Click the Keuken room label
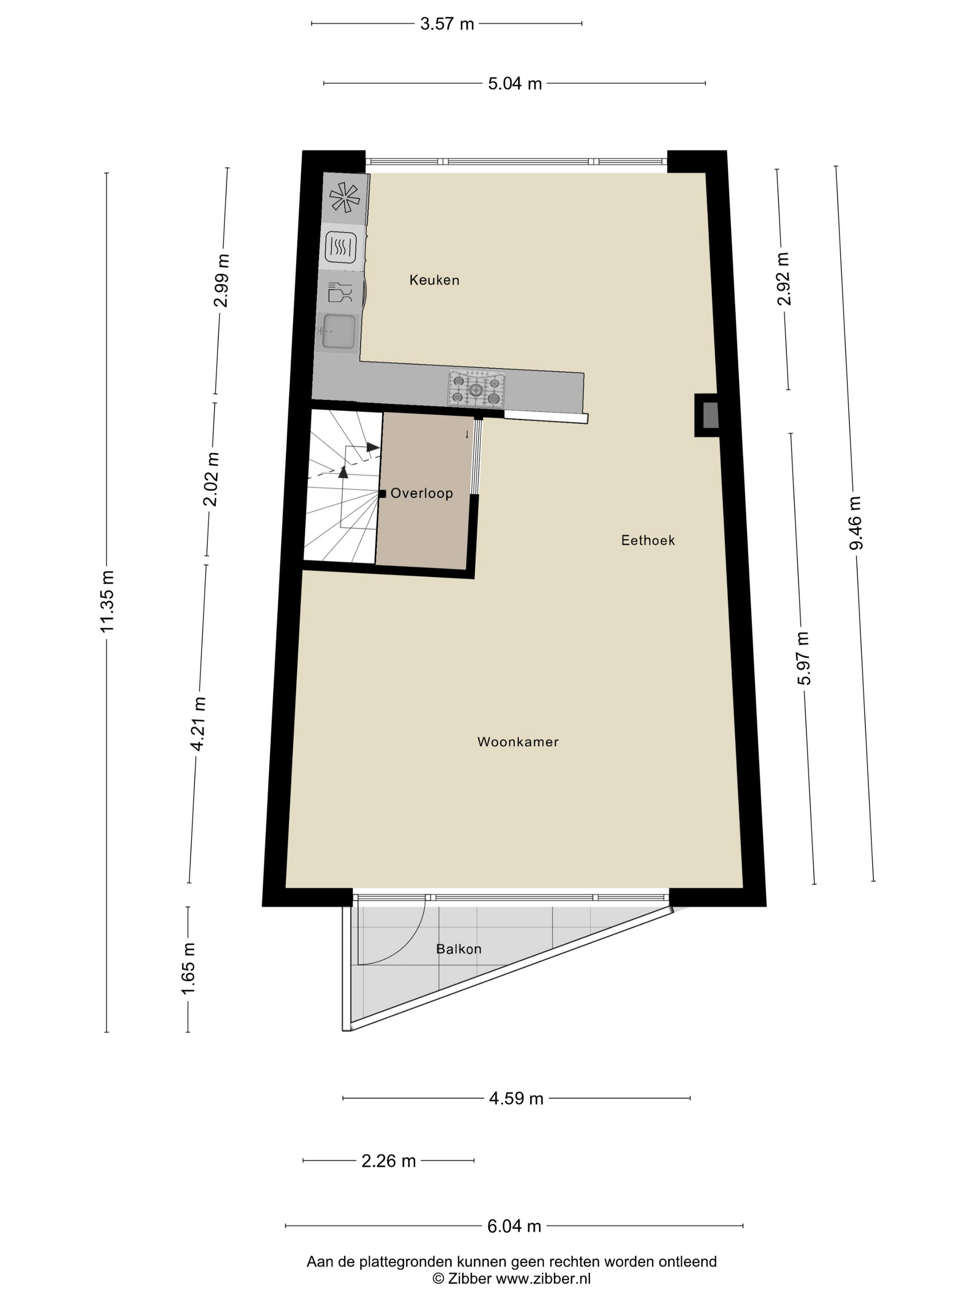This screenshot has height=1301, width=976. [x=434, y=280]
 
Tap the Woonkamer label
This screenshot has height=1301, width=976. [x=518, y=742]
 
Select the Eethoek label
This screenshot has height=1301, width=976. [x=648, y=540]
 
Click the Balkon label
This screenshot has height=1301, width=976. [x=459, y=949]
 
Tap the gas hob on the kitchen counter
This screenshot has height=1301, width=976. [x=476, y=388]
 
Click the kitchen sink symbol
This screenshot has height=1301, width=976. [x=338, y=331]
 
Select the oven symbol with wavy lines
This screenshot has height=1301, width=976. [x=341, y=247]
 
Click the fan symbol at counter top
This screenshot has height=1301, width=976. [x=345, y=197]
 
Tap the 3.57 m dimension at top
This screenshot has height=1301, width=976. [x=447, y=24]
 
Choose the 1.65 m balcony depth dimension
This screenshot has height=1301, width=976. [x=188, y=969]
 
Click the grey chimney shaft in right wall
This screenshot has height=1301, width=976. [x=711, y=415]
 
